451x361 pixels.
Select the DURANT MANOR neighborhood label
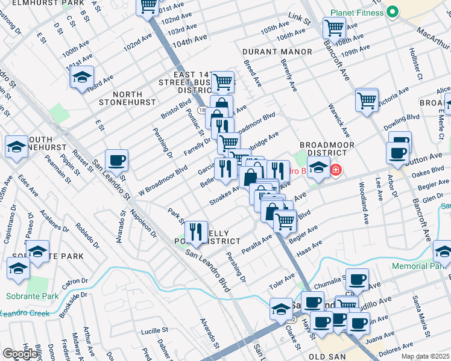277,52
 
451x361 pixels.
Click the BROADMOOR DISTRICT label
326,149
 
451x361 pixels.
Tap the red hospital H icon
336,171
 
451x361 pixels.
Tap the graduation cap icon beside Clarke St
281,309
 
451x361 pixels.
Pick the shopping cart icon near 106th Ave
333,27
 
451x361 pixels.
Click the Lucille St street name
154,330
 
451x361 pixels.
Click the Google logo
19,353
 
